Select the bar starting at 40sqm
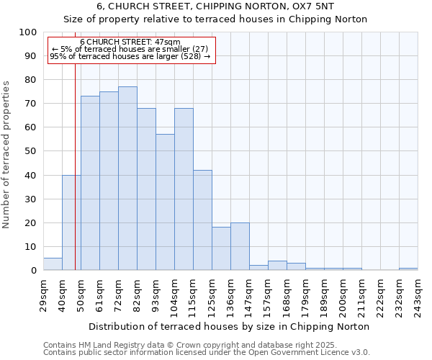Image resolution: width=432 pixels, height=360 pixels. click(x=71, y=222)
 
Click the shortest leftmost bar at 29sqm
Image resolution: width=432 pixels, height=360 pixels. click(x=53, y=264)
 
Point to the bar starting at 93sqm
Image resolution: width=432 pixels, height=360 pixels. click(x=165, y=202)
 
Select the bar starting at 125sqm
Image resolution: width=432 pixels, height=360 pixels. click(x=221, y=248)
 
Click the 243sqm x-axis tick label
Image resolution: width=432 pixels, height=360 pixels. click(x=418, y=295)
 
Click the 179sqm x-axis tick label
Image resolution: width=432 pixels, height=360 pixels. click(x=306, y=295)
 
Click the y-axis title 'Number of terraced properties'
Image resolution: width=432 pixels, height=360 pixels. click(x=6, y=155)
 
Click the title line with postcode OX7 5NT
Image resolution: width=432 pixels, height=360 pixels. click(x=215, y=6)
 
